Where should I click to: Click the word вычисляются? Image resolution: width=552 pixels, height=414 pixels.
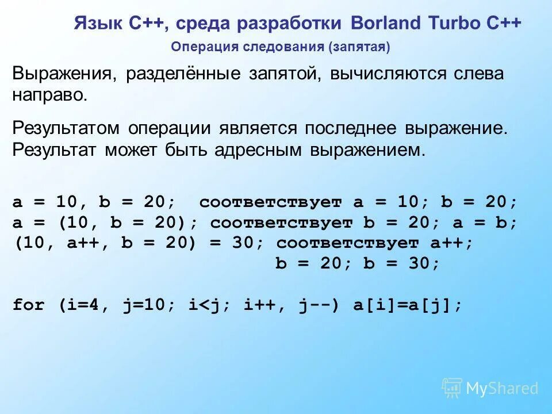point(392,75)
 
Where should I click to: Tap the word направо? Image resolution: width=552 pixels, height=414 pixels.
point(49,95)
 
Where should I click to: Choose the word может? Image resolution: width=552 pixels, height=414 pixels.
point(129,150)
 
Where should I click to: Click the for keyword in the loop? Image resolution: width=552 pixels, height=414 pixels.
point(29,305)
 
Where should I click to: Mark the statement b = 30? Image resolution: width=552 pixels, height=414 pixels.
point(402,264)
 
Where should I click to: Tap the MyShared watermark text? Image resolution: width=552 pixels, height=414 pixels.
point(501,389)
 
